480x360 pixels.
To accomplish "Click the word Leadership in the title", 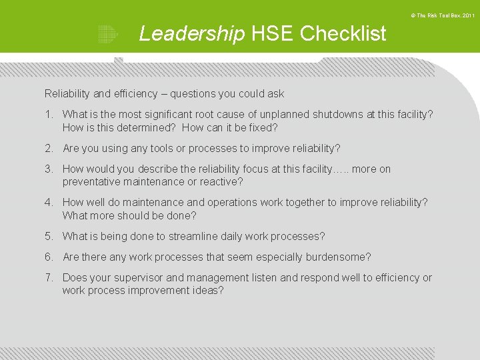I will coord(192,33).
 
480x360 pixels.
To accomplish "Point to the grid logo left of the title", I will coord(107,33).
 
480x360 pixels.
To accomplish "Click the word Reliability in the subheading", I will coord(67,94).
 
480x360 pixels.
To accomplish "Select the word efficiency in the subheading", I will coord(136,94).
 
